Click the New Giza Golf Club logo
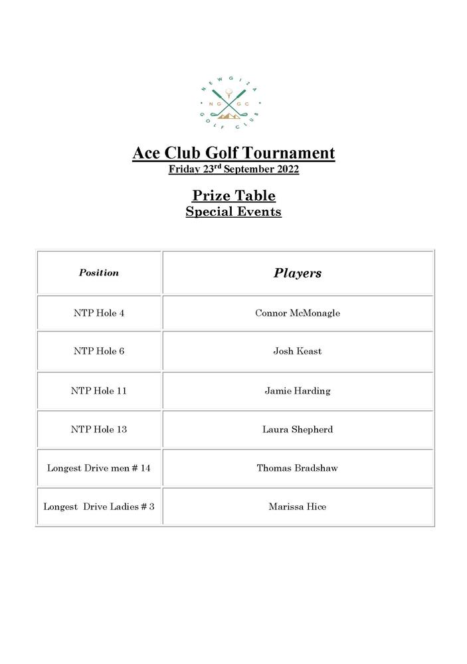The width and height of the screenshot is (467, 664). [231, 102]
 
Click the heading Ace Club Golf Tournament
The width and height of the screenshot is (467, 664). [233, 153]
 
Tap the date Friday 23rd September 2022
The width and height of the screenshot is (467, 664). [233, 169]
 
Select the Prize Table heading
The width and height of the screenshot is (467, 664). [233, 195]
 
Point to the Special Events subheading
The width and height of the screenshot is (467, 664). [233, 212]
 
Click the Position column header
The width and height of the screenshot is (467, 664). [99, 273]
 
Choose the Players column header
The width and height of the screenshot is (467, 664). [298, 273]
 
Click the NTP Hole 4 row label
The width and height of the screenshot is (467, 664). [99, 313]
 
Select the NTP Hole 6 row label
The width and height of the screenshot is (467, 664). [99, 351]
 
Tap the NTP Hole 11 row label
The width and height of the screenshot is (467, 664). [99, 390]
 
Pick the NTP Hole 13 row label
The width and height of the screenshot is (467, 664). [99, 429]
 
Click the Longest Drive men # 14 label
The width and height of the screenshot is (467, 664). [99, 468]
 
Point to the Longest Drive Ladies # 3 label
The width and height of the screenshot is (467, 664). [99, 507]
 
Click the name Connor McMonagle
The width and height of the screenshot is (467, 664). [298, 313]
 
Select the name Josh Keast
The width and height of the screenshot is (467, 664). [298, 351]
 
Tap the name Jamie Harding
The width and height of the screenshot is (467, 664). [298, 390]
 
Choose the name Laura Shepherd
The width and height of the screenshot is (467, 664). [298, 429]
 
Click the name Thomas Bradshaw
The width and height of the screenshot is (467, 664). [298, 468]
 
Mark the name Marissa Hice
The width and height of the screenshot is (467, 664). [298, 507]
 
